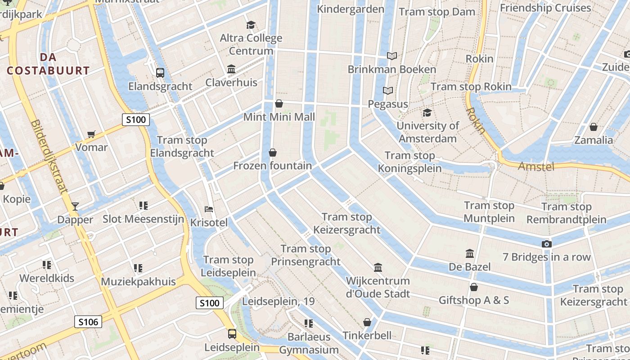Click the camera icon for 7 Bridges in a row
[x=546, y=244]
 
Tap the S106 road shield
[x=88, y=322]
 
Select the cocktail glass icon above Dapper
[x=75, y=207]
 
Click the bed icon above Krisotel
[x=209, y=209]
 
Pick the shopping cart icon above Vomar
[x=91, y=134]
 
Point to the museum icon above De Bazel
[x=470, y=254]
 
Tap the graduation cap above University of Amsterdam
[x=427, y=112]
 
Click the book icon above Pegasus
[x=387, y=91]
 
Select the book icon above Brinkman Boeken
[x=392, y=56]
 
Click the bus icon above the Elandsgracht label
[x=160, y=73]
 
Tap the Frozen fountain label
[x=272, y=166]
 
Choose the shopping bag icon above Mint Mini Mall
[x=279, y=104]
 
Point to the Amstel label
[x=535, y=166]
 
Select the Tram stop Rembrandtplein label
[x=566, y=213]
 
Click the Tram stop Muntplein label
[x=489, y=212]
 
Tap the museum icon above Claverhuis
[x=231, y=69]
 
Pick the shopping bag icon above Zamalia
[x=593, y=127]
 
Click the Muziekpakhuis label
[x=138, y=282]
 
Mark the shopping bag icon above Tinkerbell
[x=367, y=322]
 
